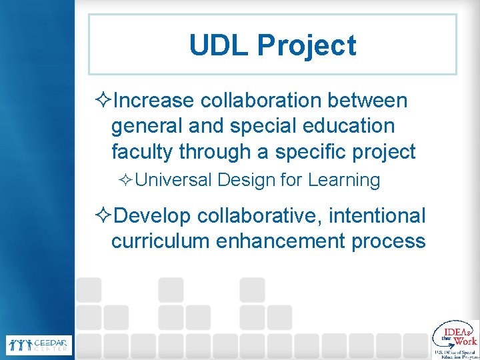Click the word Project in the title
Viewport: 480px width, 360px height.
pyautogui.click(x=307, y=46)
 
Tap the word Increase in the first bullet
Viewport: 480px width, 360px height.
pyautogui.click(x=154, y=101)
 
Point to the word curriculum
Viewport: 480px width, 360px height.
pyautogui.click(x=161, y=241)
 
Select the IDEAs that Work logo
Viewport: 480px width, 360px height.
pyautogui.click(x=455, y=339)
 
